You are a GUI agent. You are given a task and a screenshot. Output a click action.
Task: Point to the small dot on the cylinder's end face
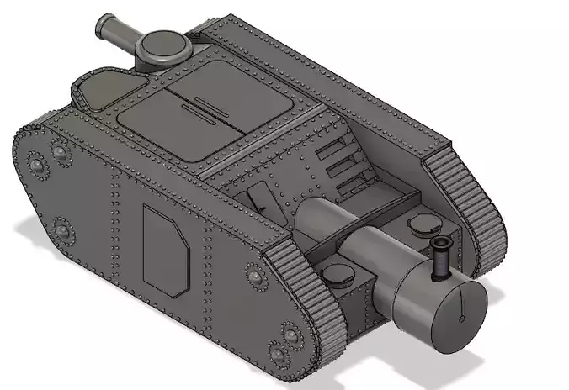pyautogui.click(x=462, y=319)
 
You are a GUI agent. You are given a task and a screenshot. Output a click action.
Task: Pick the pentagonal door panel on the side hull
pyautogui.click(x=165, y=249)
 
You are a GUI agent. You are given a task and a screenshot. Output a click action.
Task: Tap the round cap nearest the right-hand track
pyautogui.click(x=423, y=224)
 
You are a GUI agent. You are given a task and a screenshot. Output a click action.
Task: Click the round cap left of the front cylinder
pyautogui.click(x=338, y=273)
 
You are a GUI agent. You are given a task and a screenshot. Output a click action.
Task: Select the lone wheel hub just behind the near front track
pyautogui.click(x=255, y=274)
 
